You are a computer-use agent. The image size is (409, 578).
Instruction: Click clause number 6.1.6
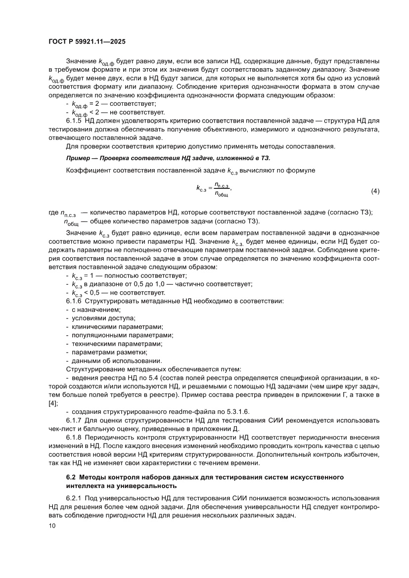[x=74, y=301]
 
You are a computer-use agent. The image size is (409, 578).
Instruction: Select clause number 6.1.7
[x=74, y=420]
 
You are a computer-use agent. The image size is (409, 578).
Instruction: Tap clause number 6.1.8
[x=74, y=437]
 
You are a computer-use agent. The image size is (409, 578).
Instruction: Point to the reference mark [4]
[x=53, y=403]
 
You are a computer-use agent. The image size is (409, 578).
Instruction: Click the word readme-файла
[x=177, y=411]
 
